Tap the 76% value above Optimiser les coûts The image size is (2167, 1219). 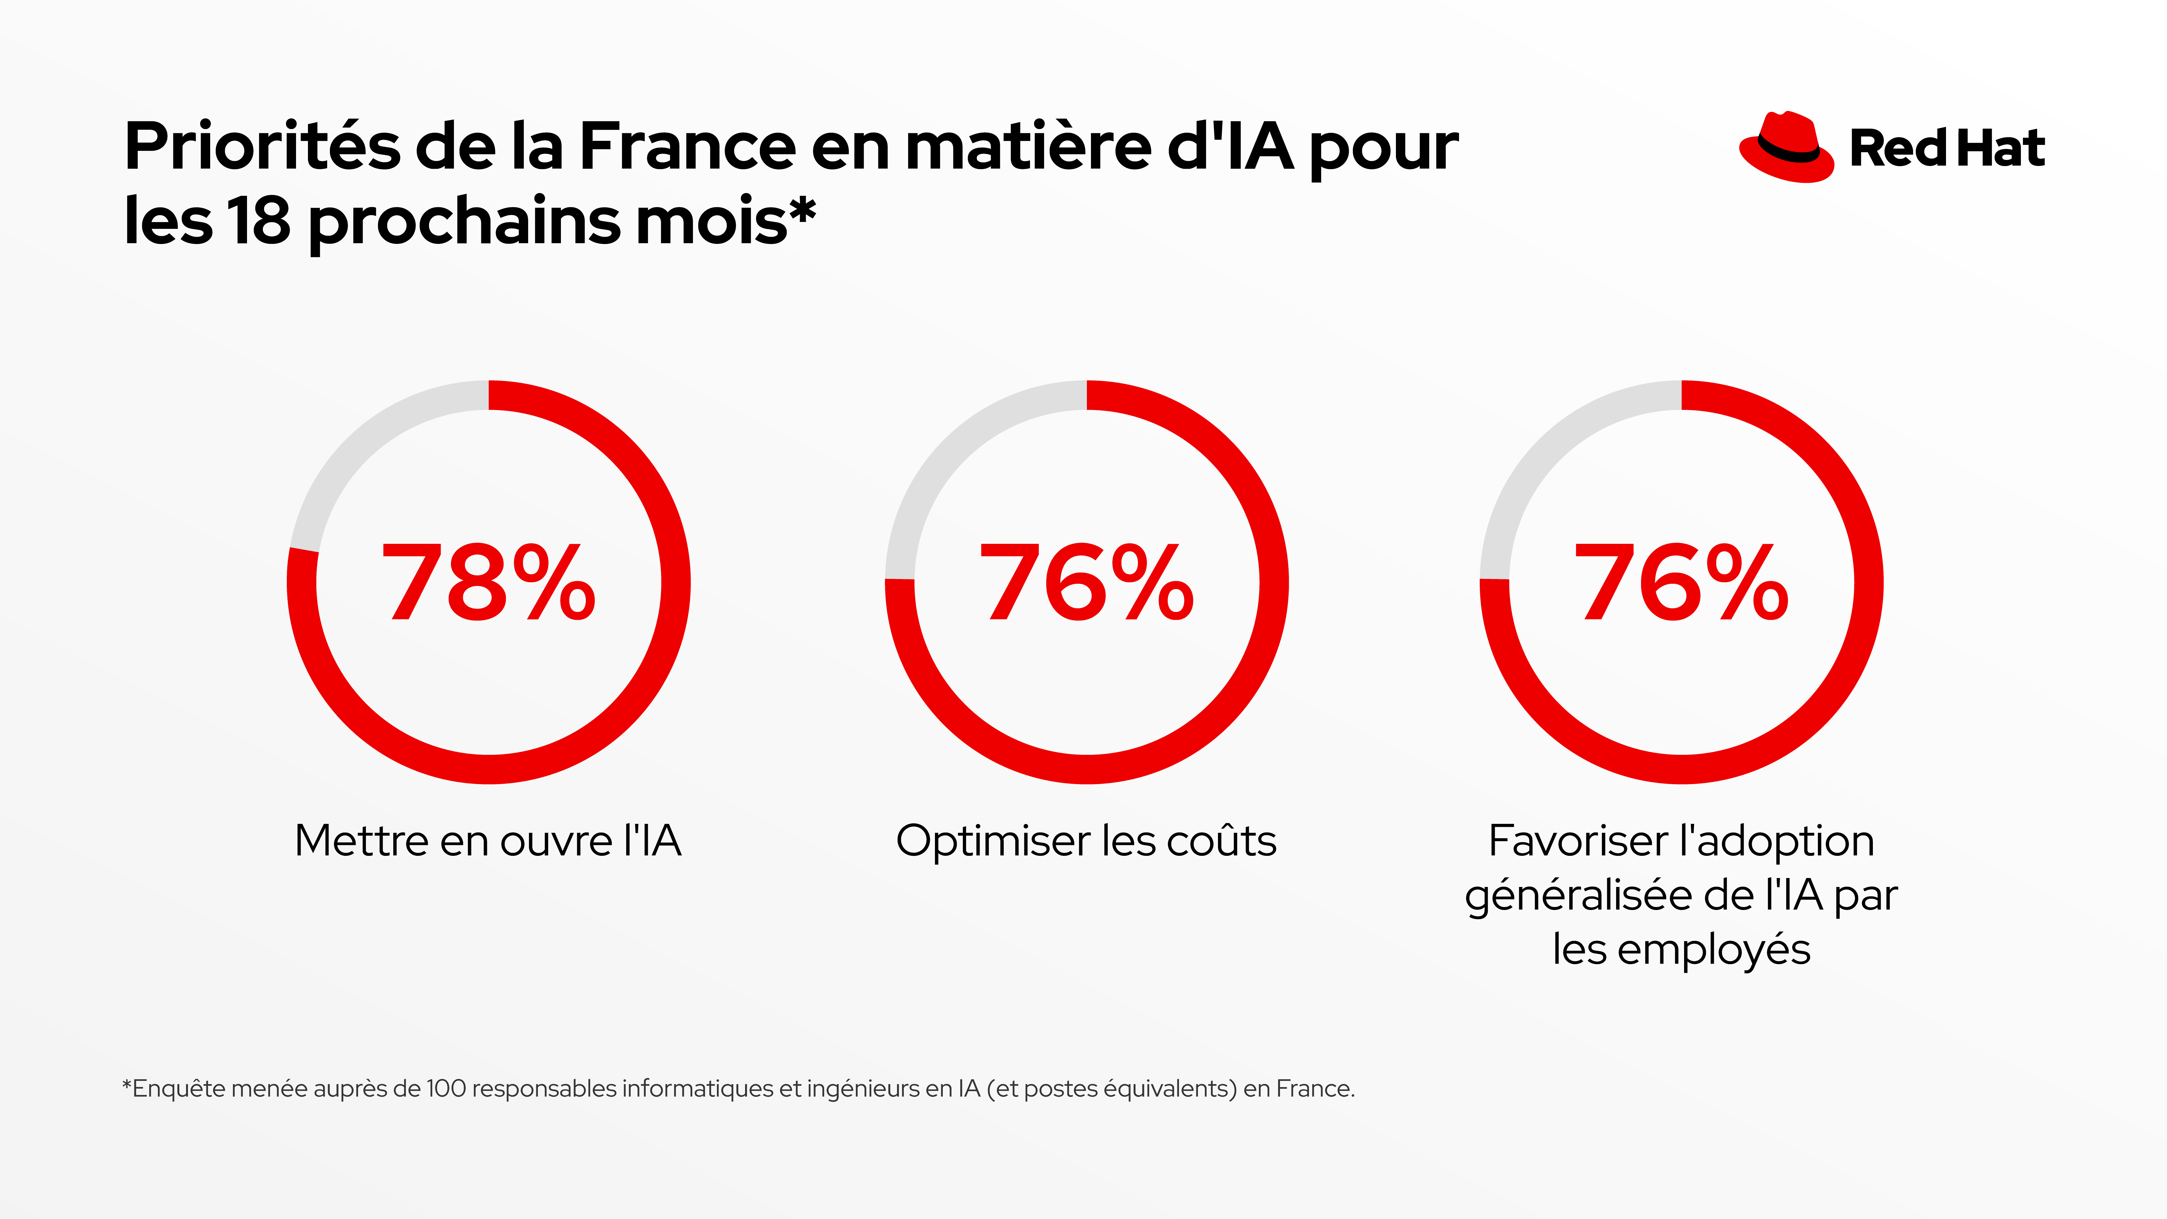1086,582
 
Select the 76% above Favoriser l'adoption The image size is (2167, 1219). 1681,582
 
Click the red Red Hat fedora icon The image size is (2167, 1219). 1785,148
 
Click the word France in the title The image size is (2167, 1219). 687,147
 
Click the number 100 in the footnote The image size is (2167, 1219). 446,1089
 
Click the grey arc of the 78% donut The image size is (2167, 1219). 362,450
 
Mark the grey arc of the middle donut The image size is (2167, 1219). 959,450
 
